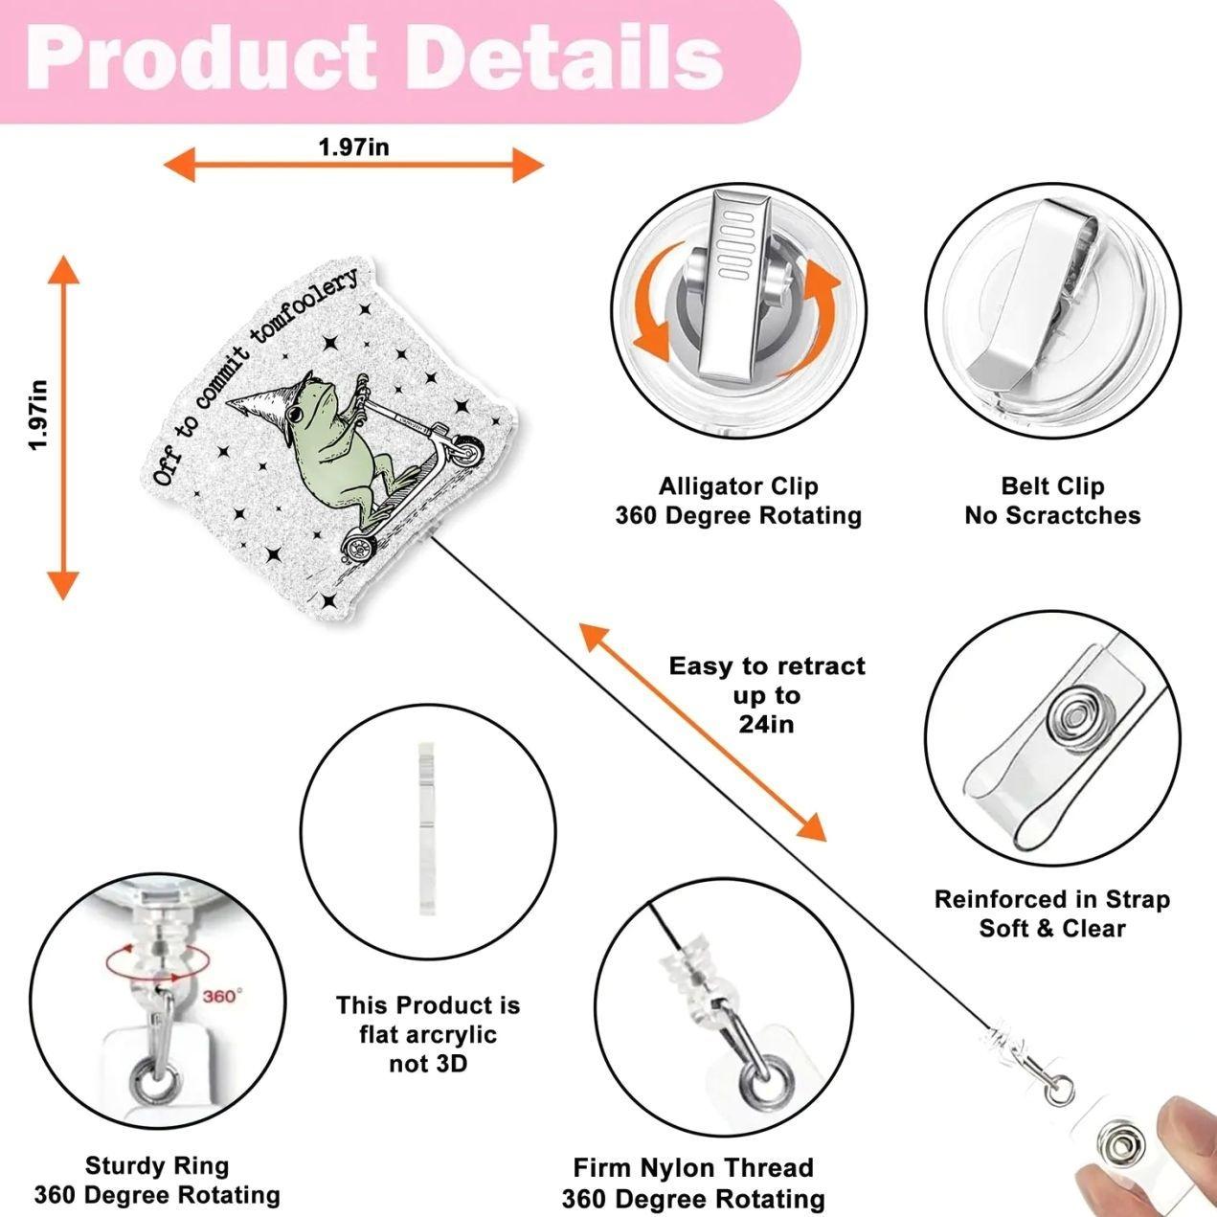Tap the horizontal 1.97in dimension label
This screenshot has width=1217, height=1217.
[353, 147]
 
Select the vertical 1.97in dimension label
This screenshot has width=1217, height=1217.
[38, 415]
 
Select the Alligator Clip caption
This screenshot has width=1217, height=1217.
[738, 486]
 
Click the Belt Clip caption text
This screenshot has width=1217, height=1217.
[1052, 486]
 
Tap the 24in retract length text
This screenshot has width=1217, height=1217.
[766, 724]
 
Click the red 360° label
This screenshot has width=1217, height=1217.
[223, 996]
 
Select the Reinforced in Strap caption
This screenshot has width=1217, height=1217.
[1052, 899]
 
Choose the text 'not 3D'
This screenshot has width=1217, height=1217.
[428, 1064]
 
